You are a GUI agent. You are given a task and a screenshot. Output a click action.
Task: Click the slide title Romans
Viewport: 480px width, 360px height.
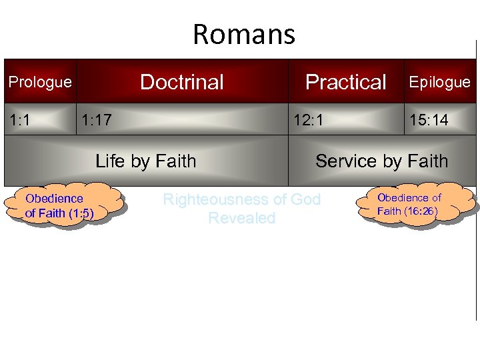point(243,35)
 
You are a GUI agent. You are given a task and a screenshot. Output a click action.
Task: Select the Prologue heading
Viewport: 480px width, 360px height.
point(39,82)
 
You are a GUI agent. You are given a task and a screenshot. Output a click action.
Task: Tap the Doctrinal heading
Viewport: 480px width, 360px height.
point(182,82)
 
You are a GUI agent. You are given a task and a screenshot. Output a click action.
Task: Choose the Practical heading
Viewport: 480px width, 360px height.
point(345,82)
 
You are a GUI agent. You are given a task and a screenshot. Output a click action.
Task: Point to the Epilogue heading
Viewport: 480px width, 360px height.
point(439,82)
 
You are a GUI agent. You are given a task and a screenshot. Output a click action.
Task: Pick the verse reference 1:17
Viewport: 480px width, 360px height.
point(96,120)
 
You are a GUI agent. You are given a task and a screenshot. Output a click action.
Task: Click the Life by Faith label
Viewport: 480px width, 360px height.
point(146,161)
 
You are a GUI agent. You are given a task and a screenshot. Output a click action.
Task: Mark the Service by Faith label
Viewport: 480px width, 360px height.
point(381,161)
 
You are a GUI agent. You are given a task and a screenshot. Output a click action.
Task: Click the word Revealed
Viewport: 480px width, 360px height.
point(241,218)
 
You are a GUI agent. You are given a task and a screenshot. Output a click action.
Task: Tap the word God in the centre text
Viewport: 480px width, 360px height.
point(305,199)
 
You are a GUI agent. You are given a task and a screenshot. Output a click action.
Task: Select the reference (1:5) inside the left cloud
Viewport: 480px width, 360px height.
point(79,213)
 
